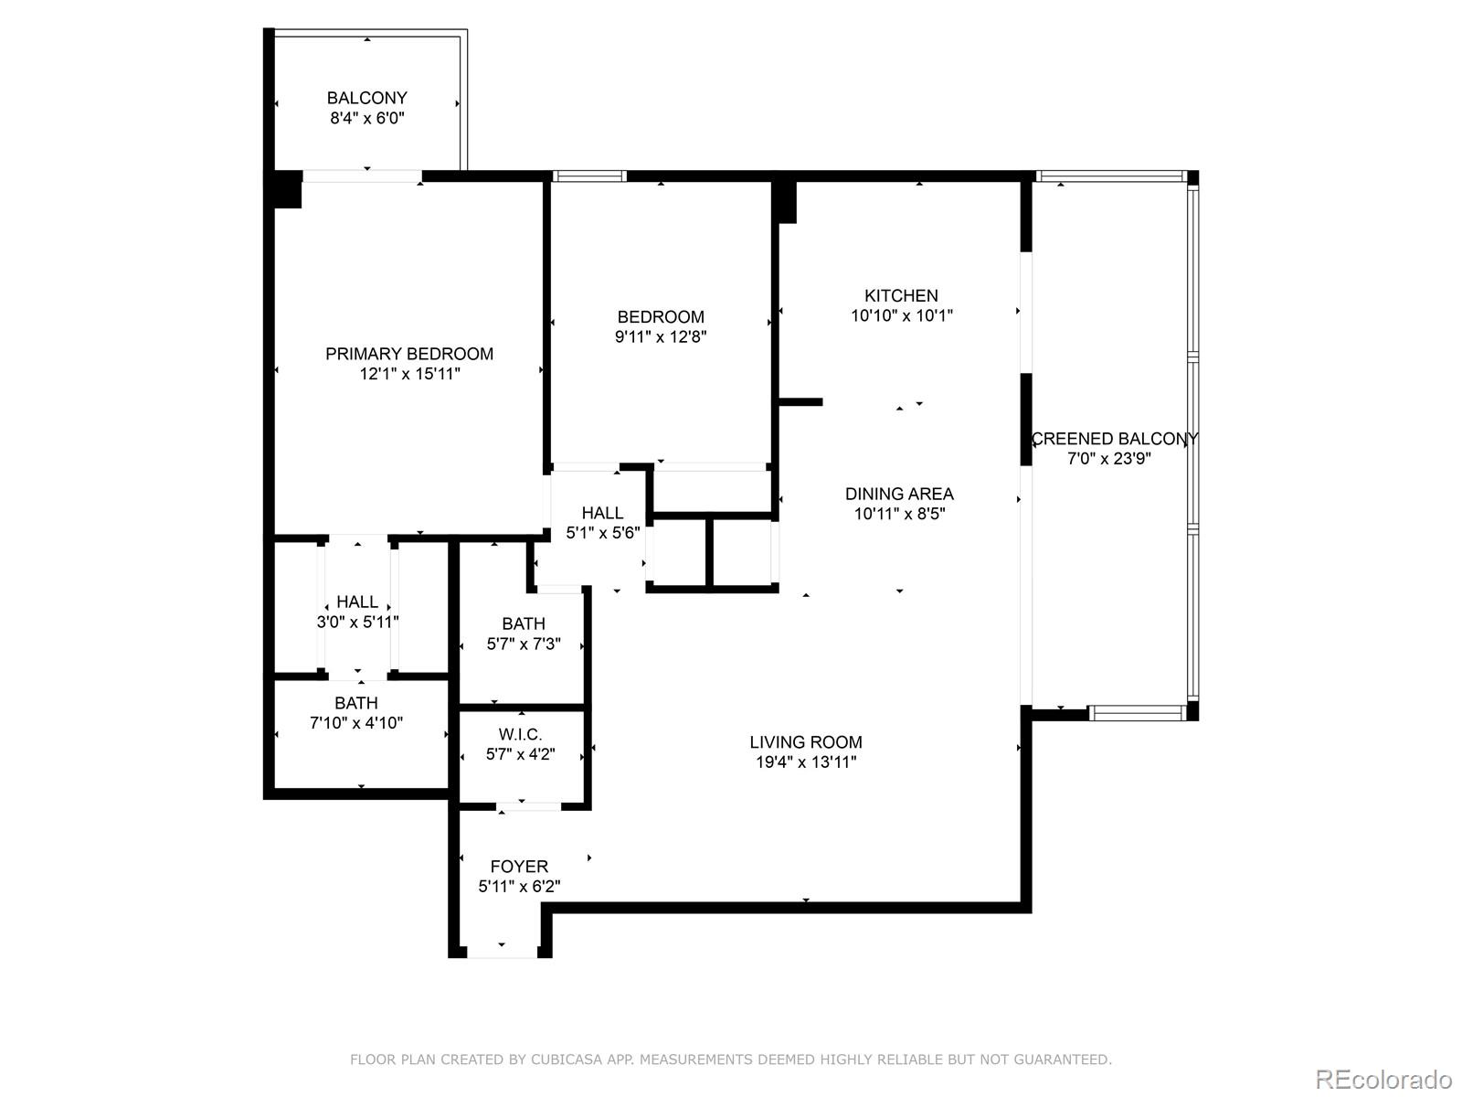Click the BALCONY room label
coord(366,98)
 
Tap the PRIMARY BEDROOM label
coord(409,354)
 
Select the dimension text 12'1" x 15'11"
coord(409,374)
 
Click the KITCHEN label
coord(901,295)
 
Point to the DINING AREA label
coord(899,494)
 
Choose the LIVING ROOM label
coord(805,742)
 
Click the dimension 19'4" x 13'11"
coord(806,762)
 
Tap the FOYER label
coord(519,867)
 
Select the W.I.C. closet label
coord(520,734)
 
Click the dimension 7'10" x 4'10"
coord(356,723)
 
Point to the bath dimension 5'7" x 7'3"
coord(524,644)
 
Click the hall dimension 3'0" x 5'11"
coord(357,622)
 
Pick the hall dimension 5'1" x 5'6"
coord(603,533)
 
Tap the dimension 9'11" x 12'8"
coord(660,336)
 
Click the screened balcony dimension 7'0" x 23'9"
coord(1109,458)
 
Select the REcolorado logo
coord(1384,1079)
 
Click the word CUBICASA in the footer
coord(567,1059)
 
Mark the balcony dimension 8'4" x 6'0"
coord(367,118)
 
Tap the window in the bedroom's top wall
coord(588,176)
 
